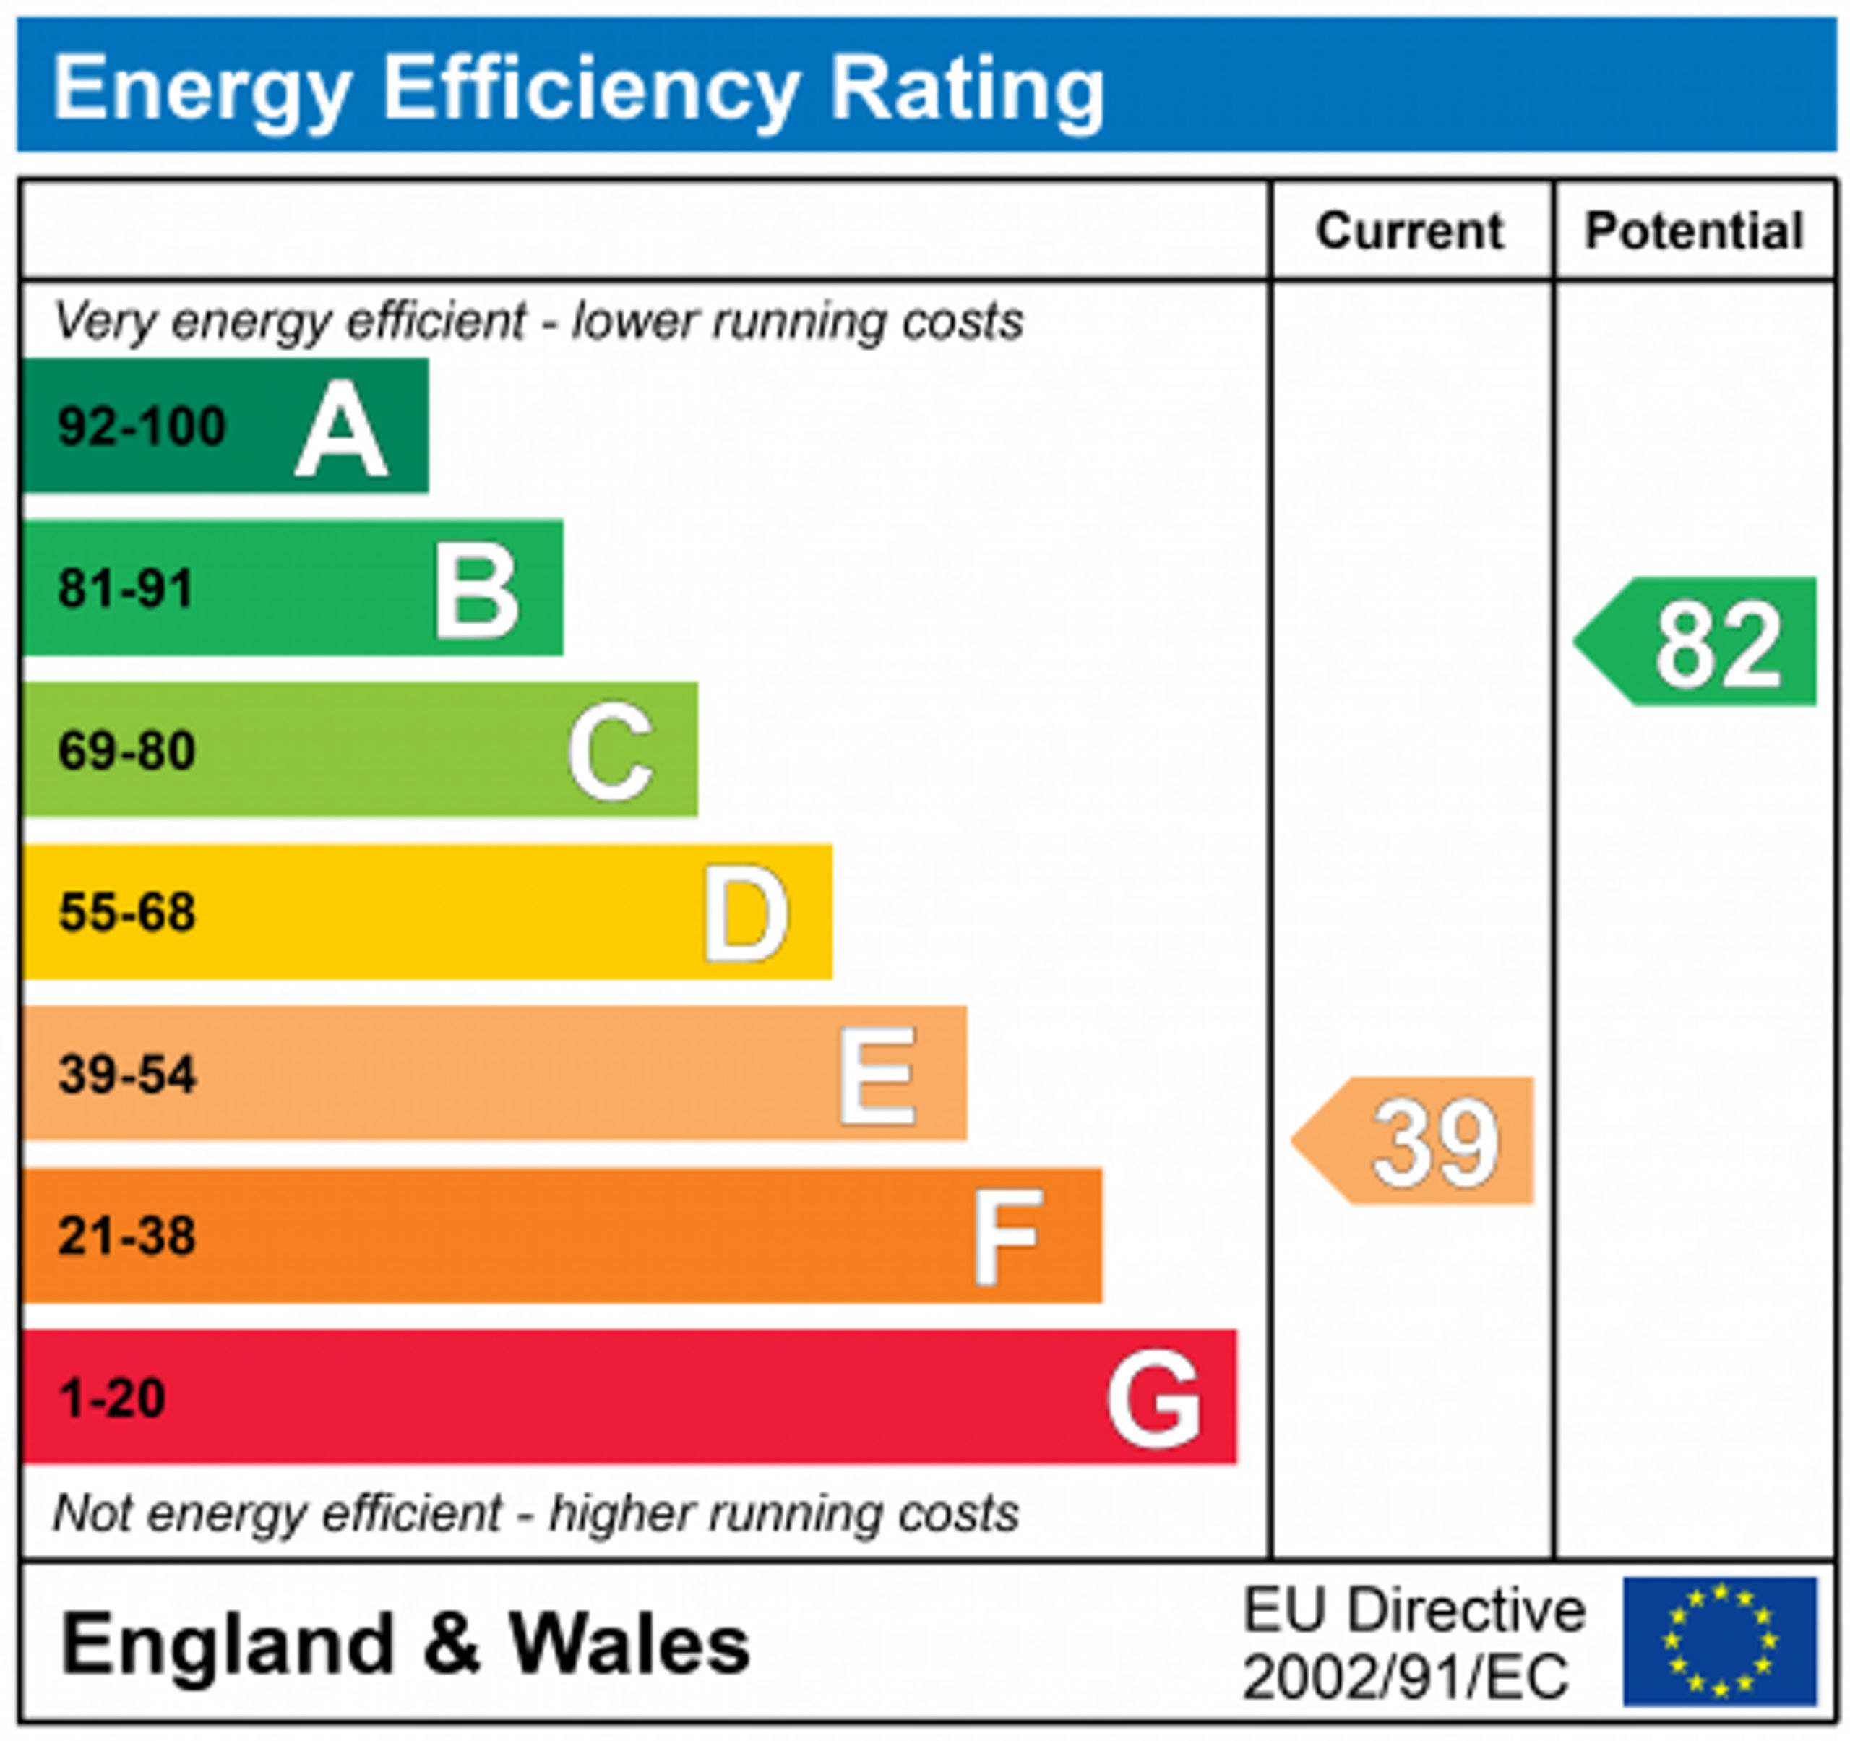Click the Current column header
coord(1409,231)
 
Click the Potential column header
coord(1694,231)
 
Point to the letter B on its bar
coord(476,591)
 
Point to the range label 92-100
coord(142,427)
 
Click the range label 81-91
coord(126,589)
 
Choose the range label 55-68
coord(127,912)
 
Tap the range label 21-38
coord(127,1237)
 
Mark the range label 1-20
coord(113,1398)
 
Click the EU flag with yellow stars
coord(1720,1641)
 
